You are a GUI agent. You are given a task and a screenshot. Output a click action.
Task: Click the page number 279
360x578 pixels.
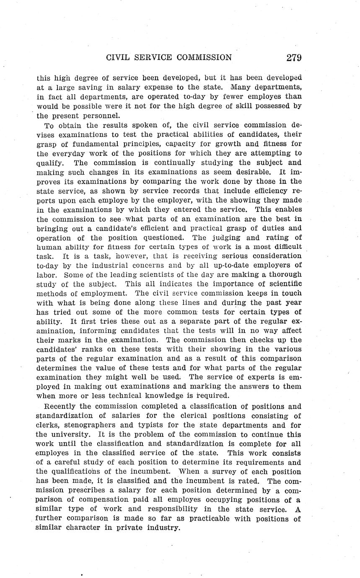294,58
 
